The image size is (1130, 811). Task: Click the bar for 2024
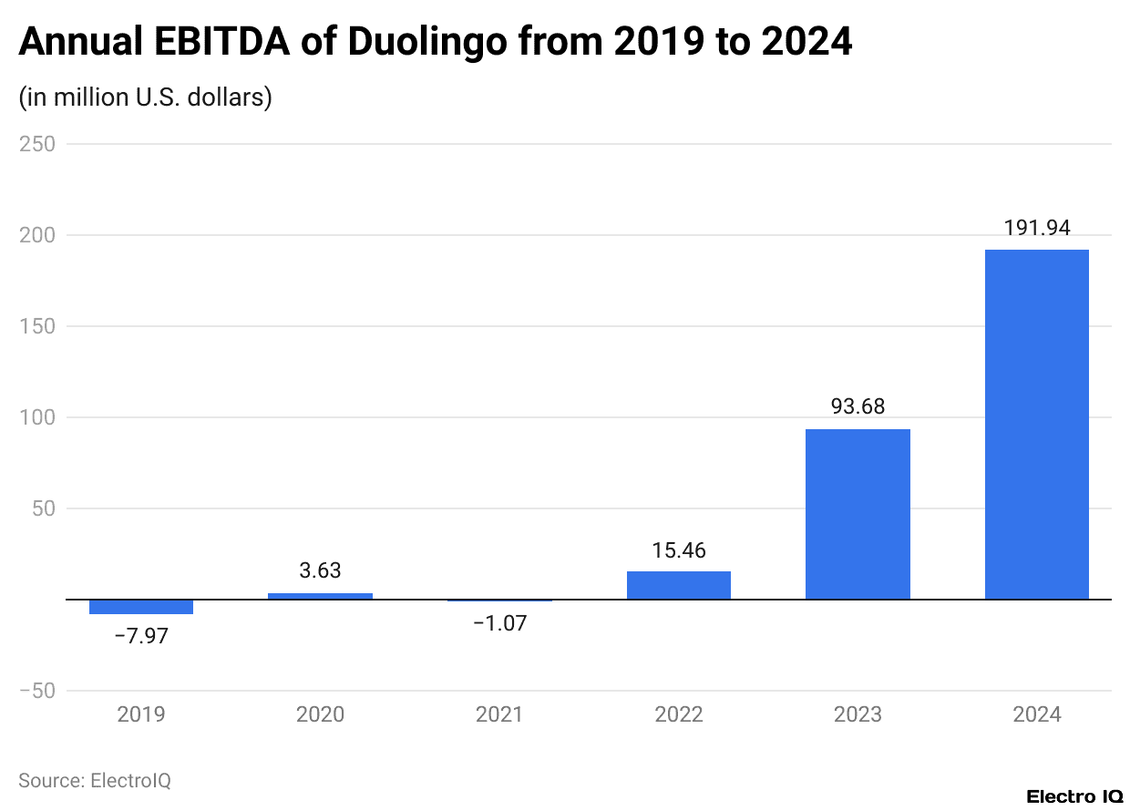click(1037, 425)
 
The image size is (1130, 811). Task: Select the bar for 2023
click(858, 514)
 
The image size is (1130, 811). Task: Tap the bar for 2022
click(678, 585)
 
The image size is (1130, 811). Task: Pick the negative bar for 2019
click(141, 607)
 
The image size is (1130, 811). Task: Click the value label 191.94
click(1037, 228)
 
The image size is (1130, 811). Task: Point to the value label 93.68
click(858, 406)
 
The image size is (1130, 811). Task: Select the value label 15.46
click(678, 550)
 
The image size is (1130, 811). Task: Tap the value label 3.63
click(320, 570)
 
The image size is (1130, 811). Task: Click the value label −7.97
click(141, 636)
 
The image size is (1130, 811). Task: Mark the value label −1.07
click(499, 624)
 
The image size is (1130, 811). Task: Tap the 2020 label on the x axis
click(320, 713)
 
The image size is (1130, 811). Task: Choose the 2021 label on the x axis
click(499, 713)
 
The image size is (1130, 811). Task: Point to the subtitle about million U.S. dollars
click(146, 97)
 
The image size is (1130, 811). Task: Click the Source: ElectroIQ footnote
click(95, 781)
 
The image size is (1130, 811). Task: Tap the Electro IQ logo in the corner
click(1074, 796)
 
